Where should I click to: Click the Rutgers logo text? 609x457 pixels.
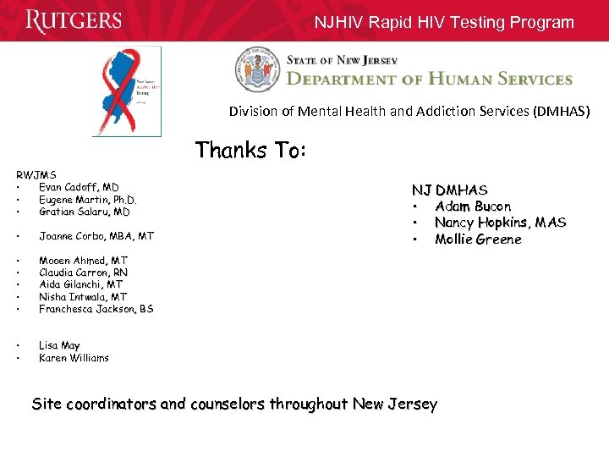point(74,20)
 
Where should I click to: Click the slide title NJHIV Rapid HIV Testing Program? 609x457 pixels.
point(444,23)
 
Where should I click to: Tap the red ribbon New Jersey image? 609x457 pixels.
point(126,91)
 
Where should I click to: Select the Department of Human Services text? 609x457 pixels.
point(430,79)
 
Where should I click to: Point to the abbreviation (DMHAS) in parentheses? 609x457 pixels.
point(561,112)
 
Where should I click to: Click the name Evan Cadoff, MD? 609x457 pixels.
point(79,187)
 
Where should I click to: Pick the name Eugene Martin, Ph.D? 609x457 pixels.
point(87,200)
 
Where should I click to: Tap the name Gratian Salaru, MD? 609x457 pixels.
point(85,212)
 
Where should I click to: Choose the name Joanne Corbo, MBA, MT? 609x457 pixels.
point(96,236)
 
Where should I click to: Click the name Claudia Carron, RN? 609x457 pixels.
point(83,273)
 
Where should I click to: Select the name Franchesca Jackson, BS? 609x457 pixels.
point(96,309)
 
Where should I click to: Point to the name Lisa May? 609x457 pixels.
point(59,345)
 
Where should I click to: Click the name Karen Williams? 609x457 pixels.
point(74,358)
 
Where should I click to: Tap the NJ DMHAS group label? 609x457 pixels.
point(449,190)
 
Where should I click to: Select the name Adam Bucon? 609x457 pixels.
point(473,206)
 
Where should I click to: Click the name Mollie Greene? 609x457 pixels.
point(478,240)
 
